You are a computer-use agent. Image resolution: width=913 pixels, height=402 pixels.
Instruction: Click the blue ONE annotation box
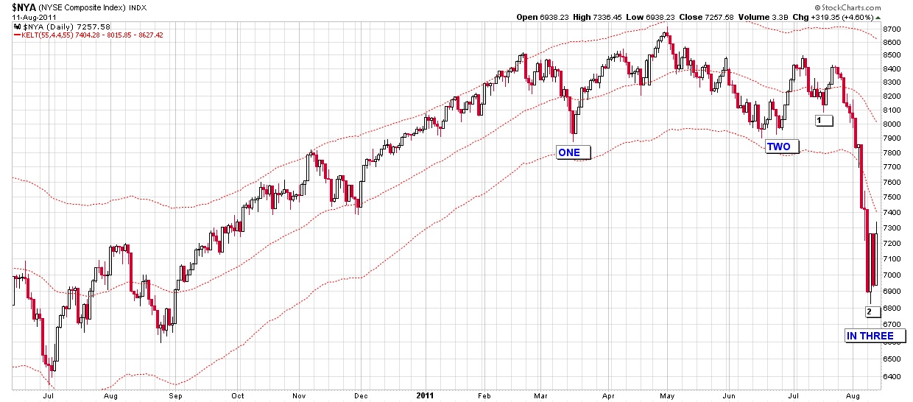[570, 152]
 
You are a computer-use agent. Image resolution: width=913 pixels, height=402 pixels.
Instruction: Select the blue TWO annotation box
[778, 147]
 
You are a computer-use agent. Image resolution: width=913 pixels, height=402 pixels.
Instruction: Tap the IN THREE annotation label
[870, 336]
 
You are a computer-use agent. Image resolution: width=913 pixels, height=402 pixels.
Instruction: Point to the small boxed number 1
[823, 120]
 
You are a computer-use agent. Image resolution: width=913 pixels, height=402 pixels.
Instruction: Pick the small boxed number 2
[870, 311]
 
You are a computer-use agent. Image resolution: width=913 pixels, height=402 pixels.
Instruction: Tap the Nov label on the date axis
[298, 395]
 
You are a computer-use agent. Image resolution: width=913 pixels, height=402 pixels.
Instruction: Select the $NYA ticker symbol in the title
[24, 6]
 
